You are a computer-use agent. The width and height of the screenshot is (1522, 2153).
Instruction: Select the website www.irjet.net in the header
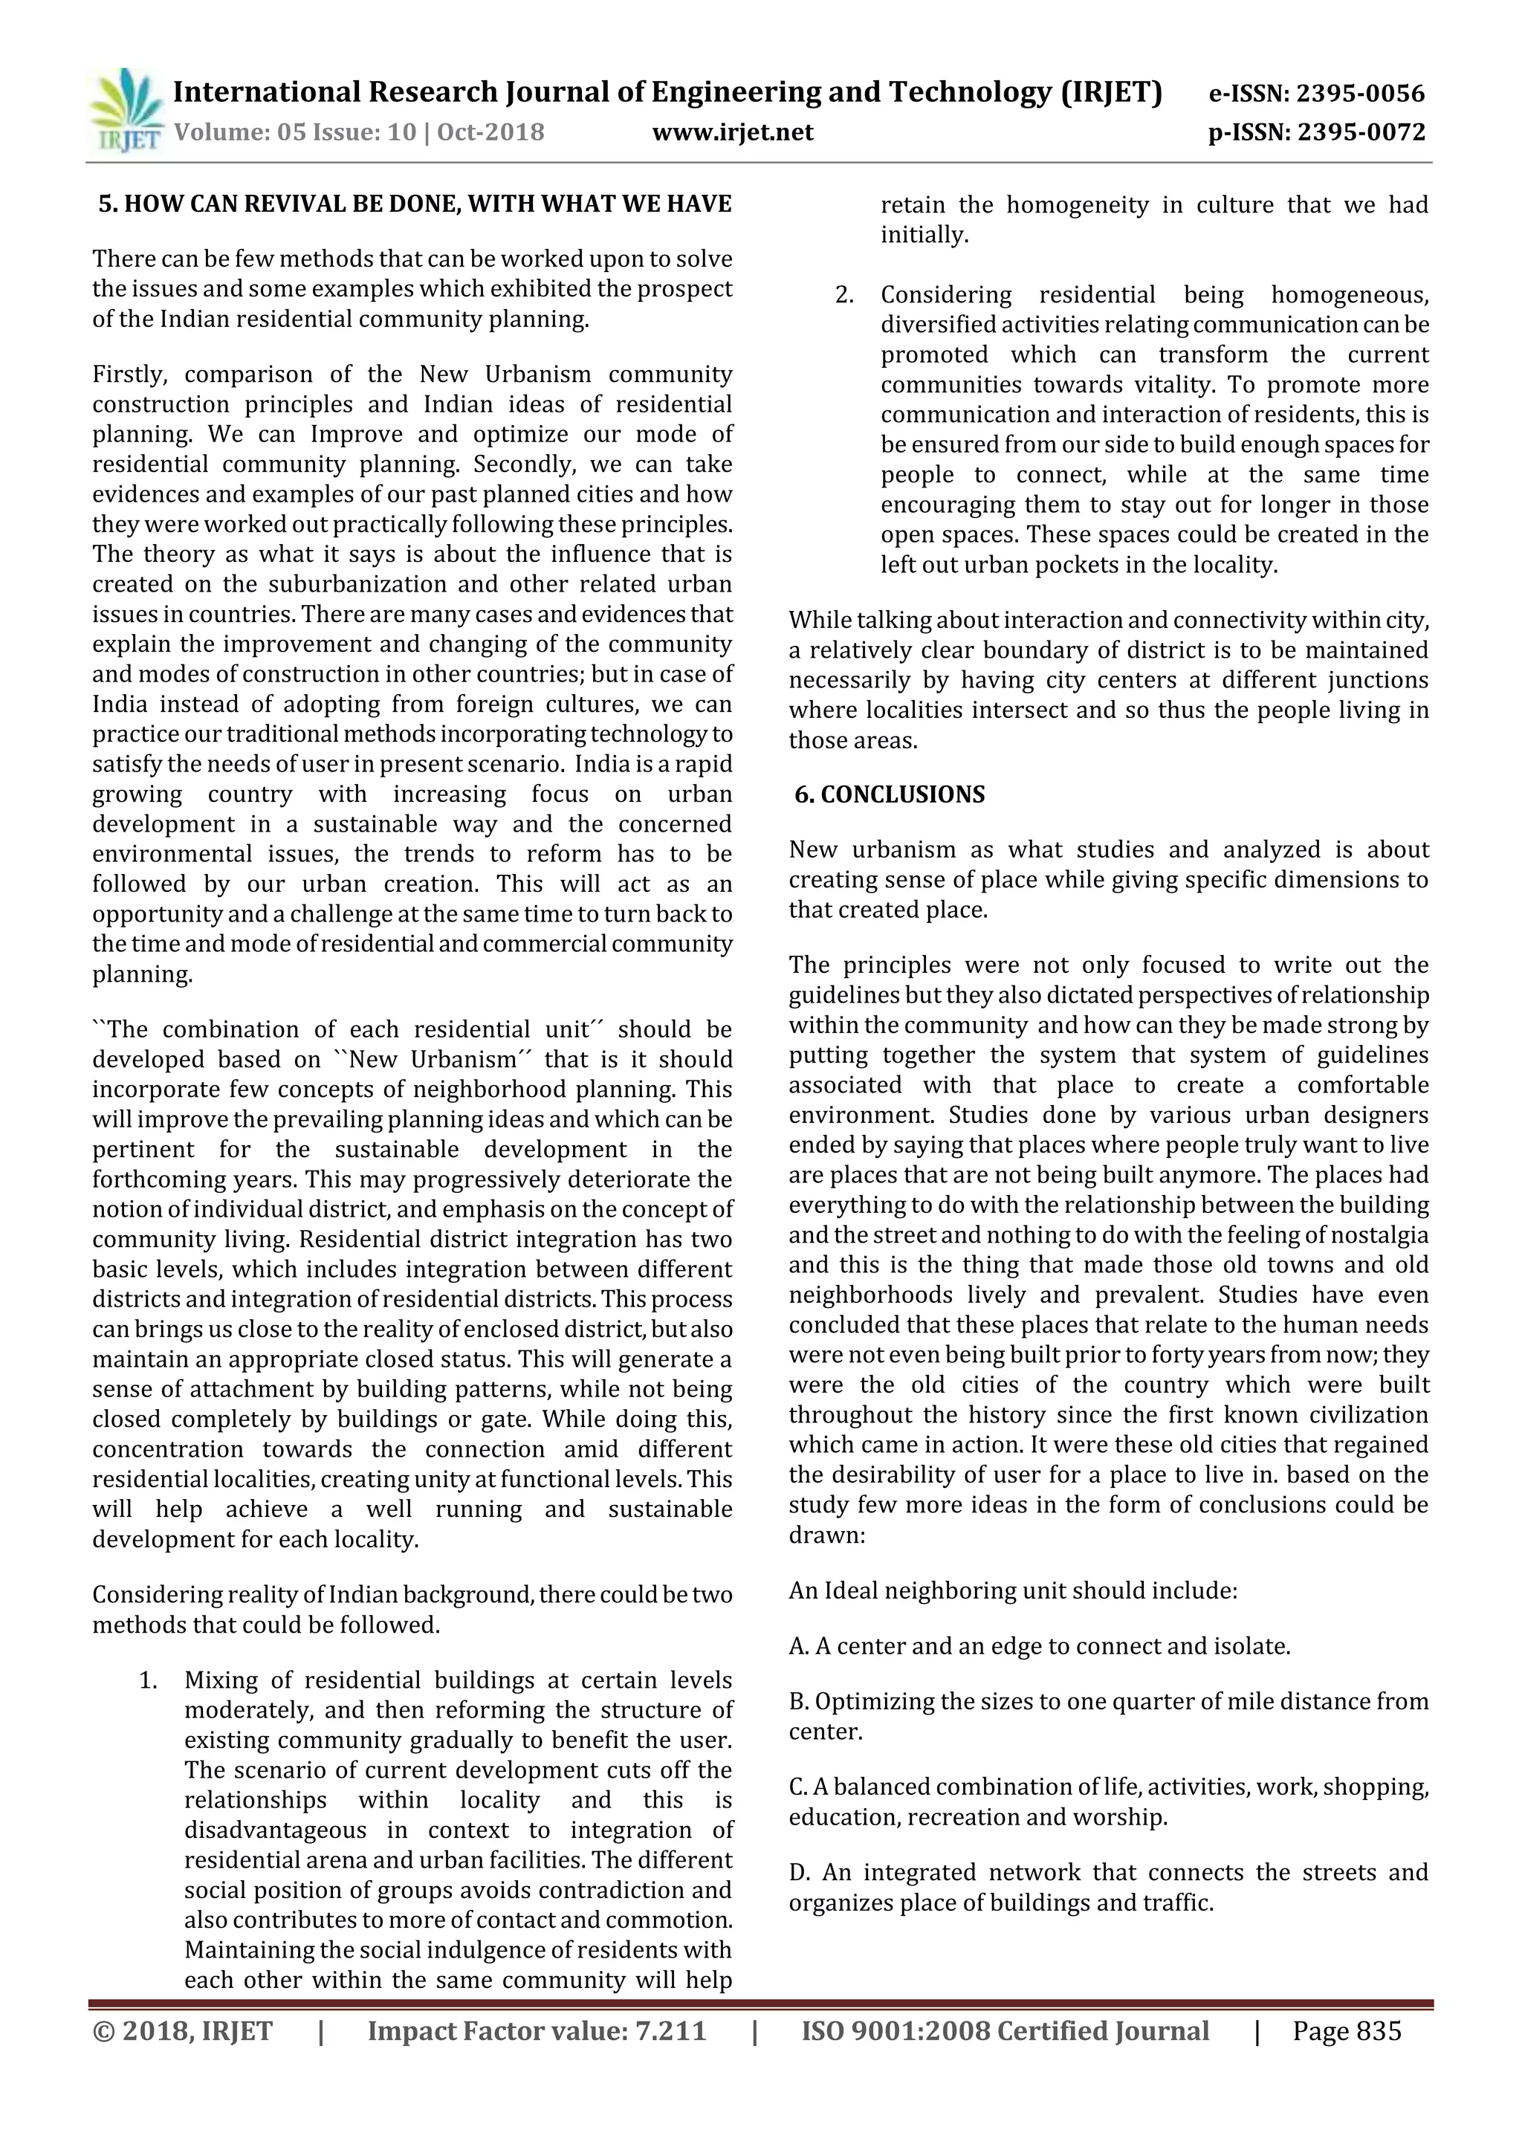pyautogui.click(x=733, y=132)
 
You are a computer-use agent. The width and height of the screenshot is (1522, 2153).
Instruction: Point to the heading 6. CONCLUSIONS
pyautogui.click(x=889, y=795)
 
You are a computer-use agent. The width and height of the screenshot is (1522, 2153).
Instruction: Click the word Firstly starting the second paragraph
pyautogui.click(x=129, y=374)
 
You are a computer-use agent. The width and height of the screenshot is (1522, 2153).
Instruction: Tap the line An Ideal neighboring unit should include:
pyautogui.click(x=1013, y=1591)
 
